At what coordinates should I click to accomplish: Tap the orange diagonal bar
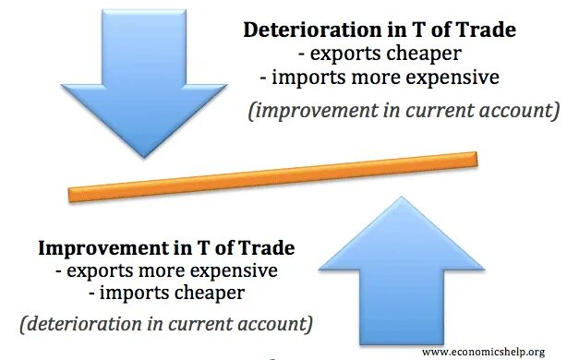[x=273, y=175]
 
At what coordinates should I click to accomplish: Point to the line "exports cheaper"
[x=379, y=54]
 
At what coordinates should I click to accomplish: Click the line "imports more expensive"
[x=379, y=77]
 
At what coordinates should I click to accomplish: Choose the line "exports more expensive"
[x=166, y=271]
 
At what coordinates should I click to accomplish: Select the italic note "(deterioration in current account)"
[x=165, y=325]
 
